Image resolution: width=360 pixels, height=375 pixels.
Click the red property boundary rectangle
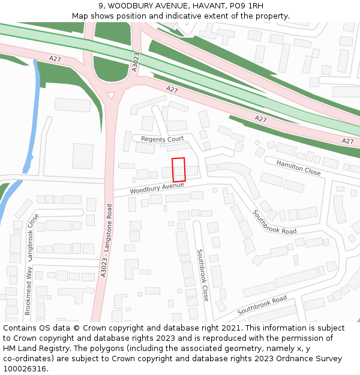click(x=179, y=169)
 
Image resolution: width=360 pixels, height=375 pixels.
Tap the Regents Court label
click(x=162, y=139)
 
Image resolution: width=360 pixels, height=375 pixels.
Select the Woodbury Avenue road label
click(x=157, y=188)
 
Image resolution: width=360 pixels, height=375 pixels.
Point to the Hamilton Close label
click(x=298, y=168)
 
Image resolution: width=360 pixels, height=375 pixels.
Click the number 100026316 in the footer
click(x=25, y=369)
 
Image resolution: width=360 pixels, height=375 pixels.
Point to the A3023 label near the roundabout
click(x=135, y=62)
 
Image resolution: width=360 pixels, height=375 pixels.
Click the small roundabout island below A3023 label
click(x=111, y=95)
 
